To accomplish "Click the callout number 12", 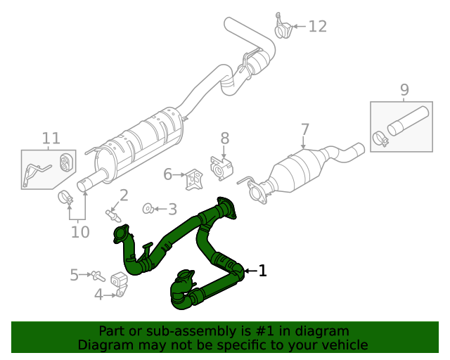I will (x=318, y=27).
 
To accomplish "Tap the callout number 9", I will (x=404, y=89).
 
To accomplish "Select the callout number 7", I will (x=304, y=129).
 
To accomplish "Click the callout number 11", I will (x=51, y=138).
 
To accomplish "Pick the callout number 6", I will (x=167, y=174).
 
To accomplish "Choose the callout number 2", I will (x=123, y=195).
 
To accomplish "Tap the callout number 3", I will (x=172, y=209).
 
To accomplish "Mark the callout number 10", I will (x=80, y=231).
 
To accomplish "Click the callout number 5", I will (x=74, y=275).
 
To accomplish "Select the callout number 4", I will (x=98, y=295).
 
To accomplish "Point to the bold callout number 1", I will (x=262, y=270).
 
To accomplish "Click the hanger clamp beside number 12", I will (x=283, y=28).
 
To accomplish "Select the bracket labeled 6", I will (x=192, y=179).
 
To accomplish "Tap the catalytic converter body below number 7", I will (x=291, y=173).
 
